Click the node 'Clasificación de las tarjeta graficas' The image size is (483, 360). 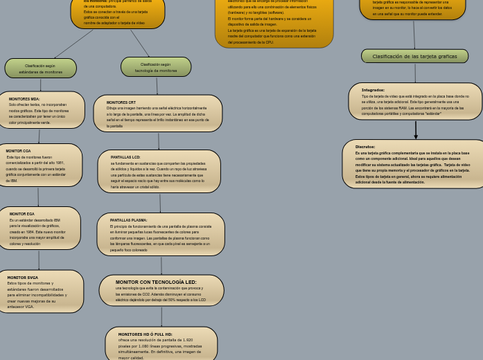414,56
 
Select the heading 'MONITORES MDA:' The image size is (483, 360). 24,99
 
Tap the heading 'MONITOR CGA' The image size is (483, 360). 18,151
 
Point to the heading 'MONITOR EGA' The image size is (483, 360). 22,214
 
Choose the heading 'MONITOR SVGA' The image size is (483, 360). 23,278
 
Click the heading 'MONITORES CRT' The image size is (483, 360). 121,102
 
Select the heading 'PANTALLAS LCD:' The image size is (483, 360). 125,157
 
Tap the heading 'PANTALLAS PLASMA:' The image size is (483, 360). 128,220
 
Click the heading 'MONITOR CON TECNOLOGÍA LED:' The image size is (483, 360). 156,282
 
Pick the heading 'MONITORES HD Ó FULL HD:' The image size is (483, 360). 146,334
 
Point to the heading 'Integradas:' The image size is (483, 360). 373,90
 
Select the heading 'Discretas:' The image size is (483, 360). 365,147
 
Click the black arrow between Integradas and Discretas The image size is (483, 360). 416,129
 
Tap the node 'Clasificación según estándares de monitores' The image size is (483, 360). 40,69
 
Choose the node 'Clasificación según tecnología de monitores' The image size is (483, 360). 156,67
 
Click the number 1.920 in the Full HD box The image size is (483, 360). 182,341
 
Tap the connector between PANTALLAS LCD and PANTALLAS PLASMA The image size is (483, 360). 160,202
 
